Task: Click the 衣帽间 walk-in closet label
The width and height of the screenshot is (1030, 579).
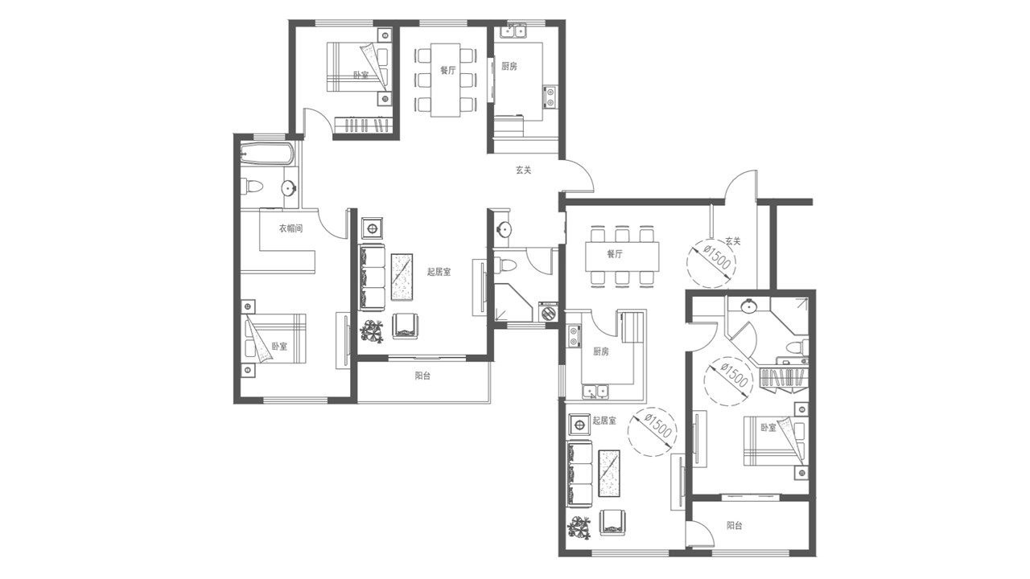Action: coord(290,228)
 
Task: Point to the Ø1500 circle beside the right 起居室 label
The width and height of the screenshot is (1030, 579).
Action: coord(652,432)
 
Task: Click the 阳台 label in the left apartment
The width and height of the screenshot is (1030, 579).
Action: coord(422,376)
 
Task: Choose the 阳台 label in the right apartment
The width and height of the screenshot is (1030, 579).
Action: coord(734,526)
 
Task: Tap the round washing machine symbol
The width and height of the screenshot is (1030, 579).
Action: coord(548,314)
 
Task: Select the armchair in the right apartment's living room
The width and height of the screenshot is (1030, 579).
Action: coord(612,522)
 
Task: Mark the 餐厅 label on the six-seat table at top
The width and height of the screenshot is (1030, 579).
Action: coord(447,70)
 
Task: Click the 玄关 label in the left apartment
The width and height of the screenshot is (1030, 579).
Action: coord(523,170)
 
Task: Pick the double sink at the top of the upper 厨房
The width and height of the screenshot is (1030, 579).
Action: coord(513,31)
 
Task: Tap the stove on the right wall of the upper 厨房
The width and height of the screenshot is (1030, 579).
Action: coord(550,97)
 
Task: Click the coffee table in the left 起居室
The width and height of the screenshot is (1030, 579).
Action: coord(402,277)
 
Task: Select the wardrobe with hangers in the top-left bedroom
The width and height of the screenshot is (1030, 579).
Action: coord(363,125)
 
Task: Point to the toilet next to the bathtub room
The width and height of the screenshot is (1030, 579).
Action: coord(252,187)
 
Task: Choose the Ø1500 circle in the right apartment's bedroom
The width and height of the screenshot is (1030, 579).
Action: coord(728,380)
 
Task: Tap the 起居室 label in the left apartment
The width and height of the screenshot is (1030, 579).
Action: coord(439,272)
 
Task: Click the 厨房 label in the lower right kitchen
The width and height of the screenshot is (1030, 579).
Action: coord(600,351)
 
